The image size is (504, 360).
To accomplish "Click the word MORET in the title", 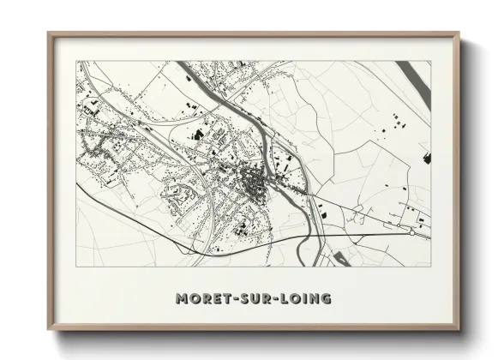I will click(206, 298).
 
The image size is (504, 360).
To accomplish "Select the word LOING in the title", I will click(306, 298).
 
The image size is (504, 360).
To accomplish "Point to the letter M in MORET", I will click(183, 298).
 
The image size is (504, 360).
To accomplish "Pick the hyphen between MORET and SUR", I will click(235, 299).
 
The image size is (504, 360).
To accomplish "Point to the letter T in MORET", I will click(227, 298).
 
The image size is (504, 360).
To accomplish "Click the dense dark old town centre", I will click(255, 181).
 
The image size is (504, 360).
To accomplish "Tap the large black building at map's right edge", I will click(426, 157).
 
